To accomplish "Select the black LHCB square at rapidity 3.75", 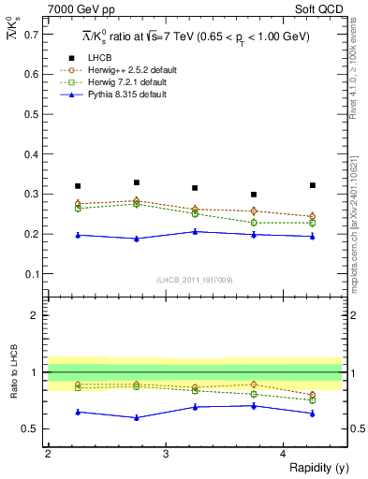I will coord(254,195).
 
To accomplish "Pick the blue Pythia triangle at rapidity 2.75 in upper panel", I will coord(137,239).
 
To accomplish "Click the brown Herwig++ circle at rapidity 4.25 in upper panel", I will coord(313,216).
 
